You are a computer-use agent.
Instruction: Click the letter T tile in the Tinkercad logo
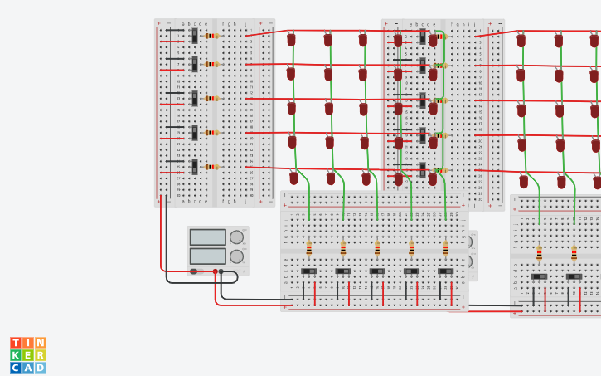click(16, 343)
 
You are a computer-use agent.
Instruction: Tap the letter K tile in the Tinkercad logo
click(16, 355)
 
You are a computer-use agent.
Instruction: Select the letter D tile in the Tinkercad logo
click(40, 367)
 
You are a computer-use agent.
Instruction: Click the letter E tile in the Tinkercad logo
click(28, 355)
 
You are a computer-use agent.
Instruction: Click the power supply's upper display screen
click(207, 237)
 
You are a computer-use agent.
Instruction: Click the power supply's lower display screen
click(207, 256)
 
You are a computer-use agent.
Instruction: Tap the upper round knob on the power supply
click(237, 237)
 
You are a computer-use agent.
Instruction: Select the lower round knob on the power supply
click(237, 256)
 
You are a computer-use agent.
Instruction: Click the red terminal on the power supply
click(215, 271)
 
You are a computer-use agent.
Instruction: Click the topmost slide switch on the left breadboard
click(194, 35)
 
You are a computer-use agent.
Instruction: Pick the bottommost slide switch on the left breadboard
click(194, 166)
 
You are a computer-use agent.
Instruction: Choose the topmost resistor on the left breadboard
click(211, 36)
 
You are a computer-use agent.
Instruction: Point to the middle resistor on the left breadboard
click(211, 98)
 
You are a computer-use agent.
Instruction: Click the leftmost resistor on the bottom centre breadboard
click(309, 248)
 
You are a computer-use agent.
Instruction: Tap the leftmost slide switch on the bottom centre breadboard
click(309, 271)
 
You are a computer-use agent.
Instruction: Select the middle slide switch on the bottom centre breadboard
click(377, 271)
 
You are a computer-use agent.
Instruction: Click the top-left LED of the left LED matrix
click(291, 39)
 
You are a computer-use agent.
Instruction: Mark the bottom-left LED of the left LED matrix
click(293, 178)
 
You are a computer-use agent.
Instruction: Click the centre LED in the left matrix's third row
click(329, 109)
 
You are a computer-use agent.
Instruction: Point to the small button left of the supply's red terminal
click(194, 271)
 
